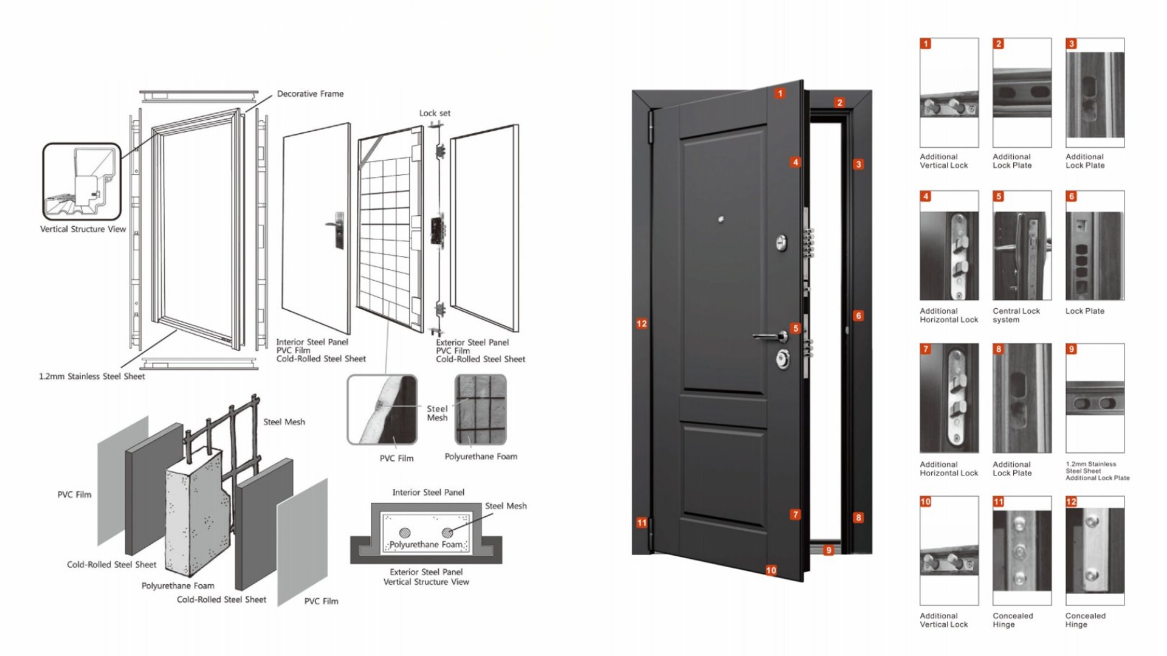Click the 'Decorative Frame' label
click(x=310, y=94)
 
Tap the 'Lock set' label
click(x=435, y=113)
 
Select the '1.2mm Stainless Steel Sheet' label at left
click(x=92, y=376)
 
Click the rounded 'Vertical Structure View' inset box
click(x=82, y=182)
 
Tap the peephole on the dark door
click(x=721, y=219)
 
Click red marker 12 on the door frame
click(x=642, y=324)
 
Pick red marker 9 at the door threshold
click(x=828, y=550)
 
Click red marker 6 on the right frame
click(x=858, y=316)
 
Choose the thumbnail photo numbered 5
click(x=1022, y=246)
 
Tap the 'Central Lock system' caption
click(x=1016, y=315)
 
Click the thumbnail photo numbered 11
click(x=1022, y=551)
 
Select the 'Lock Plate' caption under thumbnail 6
click(x=1085, y=311)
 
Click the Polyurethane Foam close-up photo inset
click(x=480, y=410)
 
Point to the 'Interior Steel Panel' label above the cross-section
click(x=428, y=492)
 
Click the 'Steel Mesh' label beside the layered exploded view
click(x=284, y=422)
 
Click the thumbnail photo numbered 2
click(x=1022, y=92)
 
